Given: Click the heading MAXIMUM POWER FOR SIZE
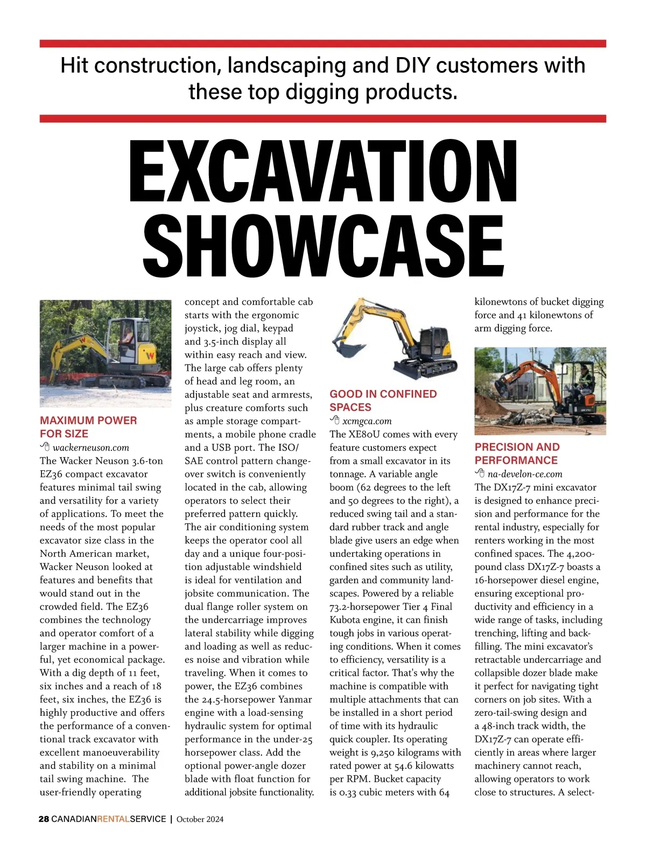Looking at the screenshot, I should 88,427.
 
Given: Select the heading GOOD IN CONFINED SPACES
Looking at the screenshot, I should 383,400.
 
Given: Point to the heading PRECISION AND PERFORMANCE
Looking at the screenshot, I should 517,453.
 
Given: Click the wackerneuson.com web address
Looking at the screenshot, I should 91,447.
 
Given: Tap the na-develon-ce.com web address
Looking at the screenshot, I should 524,474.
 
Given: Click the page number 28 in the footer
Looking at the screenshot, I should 44,819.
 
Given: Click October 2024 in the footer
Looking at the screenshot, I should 200,819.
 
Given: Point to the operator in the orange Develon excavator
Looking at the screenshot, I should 584,378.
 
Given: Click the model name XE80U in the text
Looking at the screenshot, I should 368,434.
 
